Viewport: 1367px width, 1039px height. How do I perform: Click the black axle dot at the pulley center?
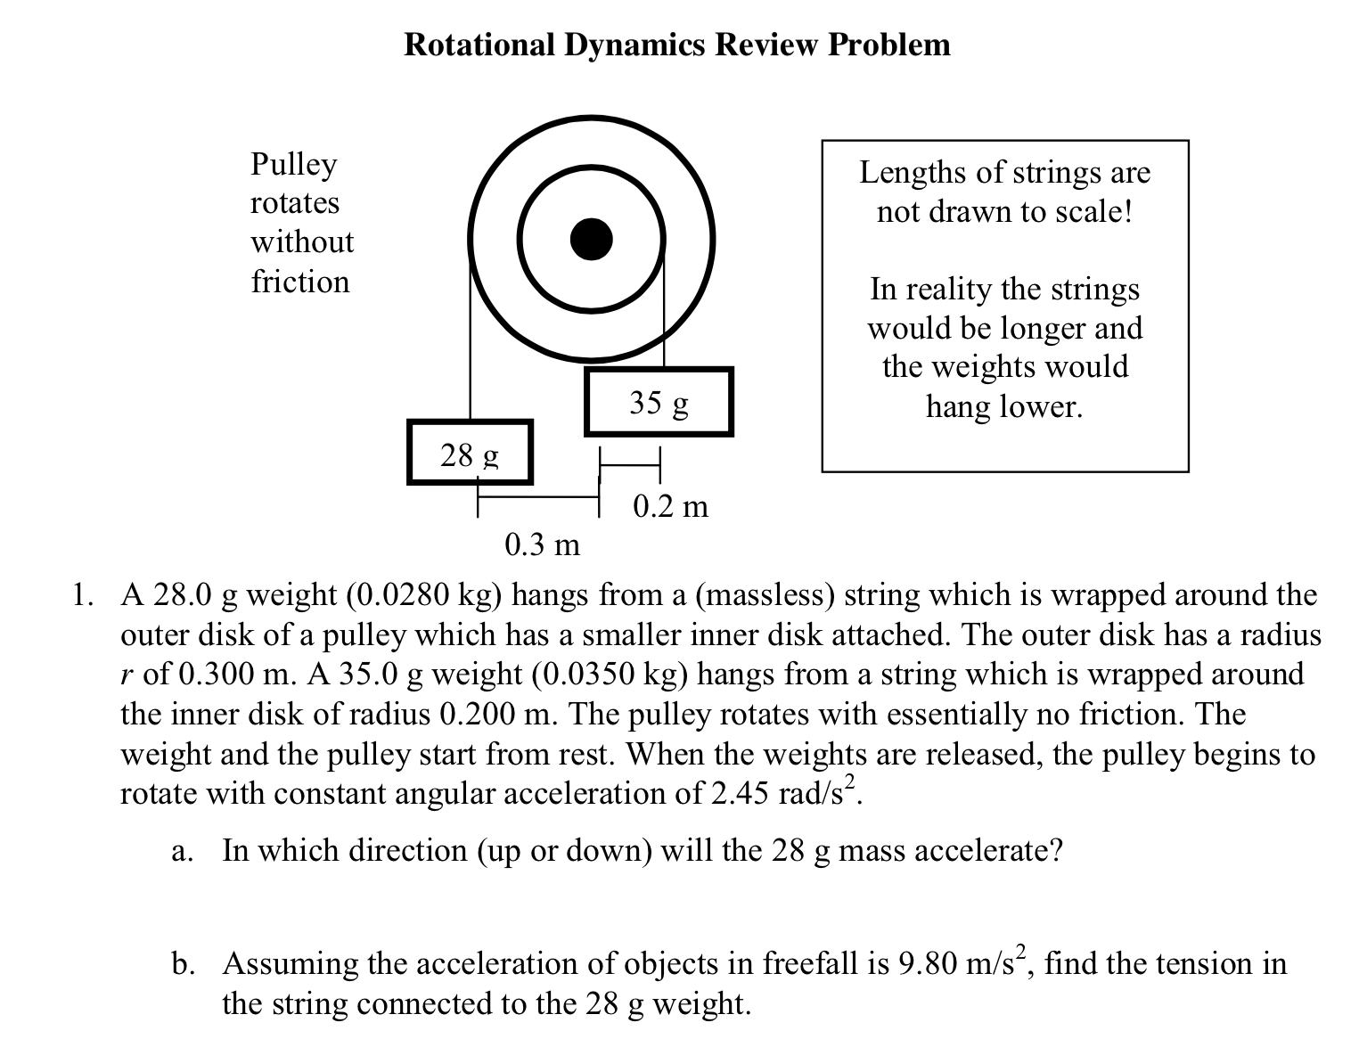(x=592, y=239)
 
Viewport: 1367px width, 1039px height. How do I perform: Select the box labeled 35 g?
(x=659, y=402)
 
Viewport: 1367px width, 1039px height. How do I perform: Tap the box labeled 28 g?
(x=470, y=454)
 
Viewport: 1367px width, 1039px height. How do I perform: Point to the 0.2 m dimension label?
(x=670, y=506)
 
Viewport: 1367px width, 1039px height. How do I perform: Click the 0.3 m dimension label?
(x=542, y=544)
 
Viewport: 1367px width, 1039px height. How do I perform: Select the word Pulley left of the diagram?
(x=294, y=165)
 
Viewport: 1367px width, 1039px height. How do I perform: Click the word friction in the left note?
(x=300, y=282)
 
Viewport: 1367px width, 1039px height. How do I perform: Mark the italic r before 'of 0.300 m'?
(x=127, y=675)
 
